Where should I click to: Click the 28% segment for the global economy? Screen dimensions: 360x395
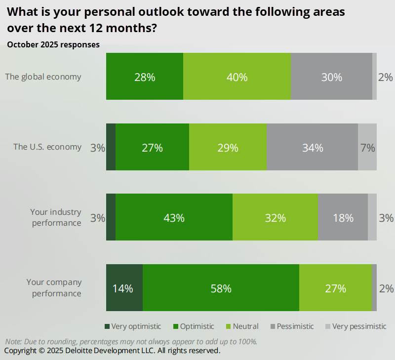[x=145, y=77]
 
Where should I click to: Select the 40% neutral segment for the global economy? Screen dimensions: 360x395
[x=237, y=77]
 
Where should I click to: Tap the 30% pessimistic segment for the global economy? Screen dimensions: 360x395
[x=331, y=77]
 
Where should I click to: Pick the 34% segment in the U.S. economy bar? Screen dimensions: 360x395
[x=312, y=148]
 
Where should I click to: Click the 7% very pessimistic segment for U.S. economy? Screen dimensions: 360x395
[x=367, y=148]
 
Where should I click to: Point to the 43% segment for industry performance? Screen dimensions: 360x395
[x=174, y=218]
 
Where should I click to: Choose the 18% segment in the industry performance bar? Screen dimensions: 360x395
[x=343, y=218]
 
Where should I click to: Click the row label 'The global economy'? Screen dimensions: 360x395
[x=43, y=77]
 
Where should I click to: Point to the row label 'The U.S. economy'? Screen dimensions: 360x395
[x=47, y=147]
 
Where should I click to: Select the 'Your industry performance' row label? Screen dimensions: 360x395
[x=55, y=218]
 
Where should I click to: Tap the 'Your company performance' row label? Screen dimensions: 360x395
[x=54, y=288]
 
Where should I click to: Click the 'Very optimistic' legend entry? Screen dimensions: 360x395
[x=133, y=326]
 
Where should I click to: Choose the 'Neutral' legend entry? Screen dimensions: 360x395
[x=242, y=326]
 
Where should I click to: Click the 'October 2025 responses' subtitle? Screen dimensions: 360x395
[x=53, y=44]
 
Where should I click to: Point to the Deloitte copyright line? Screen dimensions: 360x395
[x=112, y=351]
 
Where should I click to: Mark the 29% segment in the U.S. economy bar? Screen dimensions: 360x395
[x=227, y=148]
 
